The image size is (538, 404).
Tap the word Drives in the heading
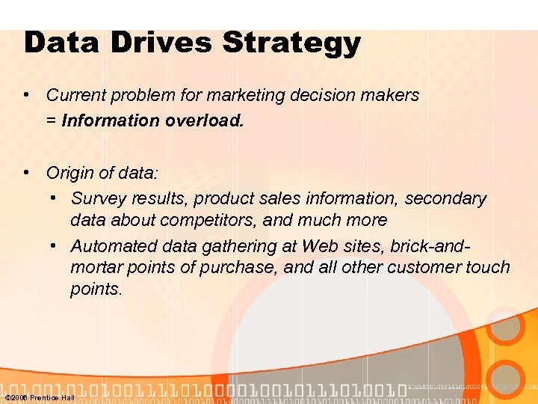tap(158, 43)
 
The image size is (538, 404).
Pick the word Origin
tap(70, 173)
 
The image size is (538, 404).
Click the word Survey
tap(99, 198)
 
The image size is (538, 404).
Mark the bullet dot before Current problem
tap(26, 94)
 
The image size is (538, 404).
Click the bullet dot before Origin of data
tap(26, 172)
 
